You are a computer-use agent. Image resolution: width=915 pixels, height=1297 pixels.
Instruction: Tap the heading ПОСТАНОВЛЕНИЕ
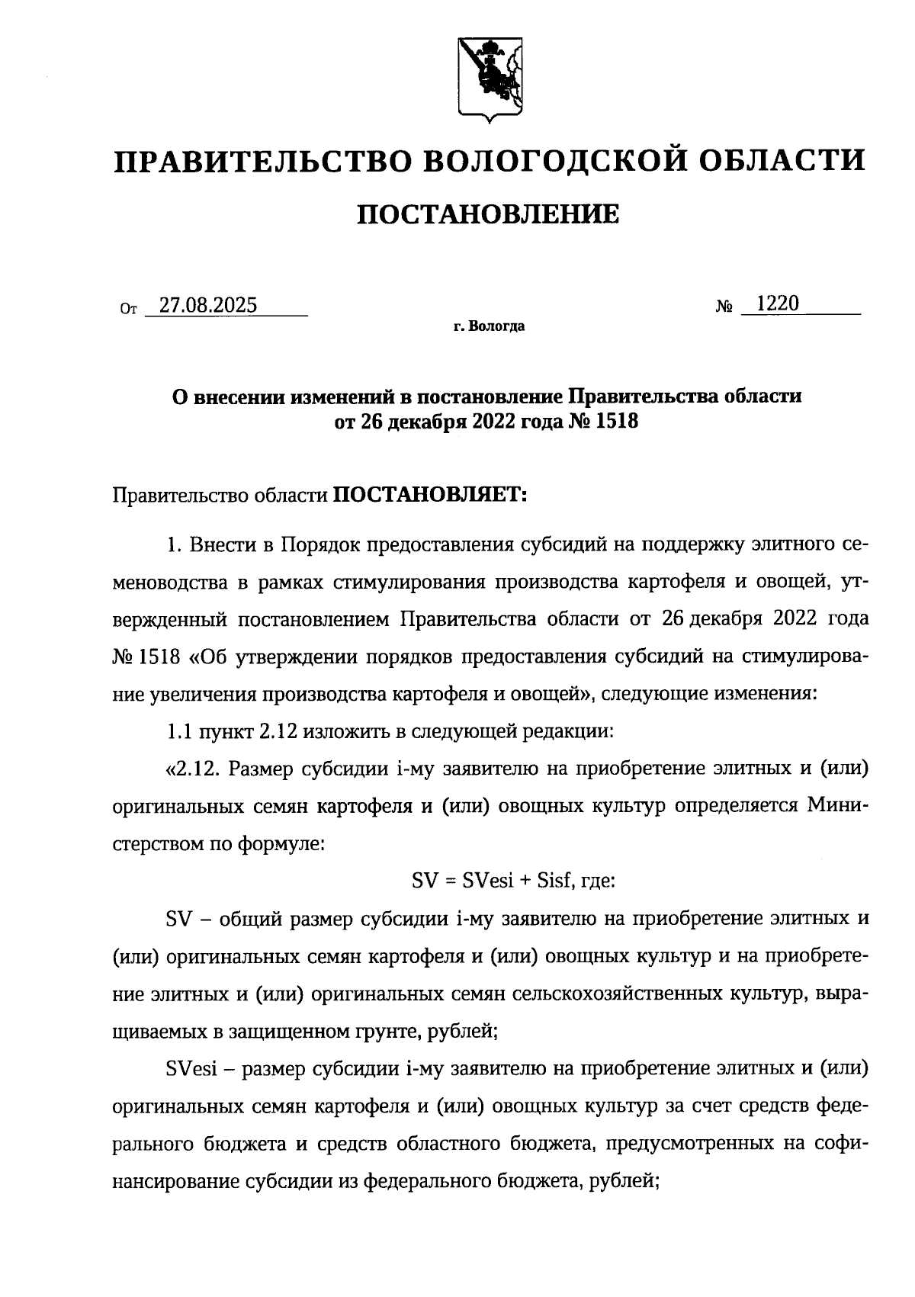click(x=489, y=215)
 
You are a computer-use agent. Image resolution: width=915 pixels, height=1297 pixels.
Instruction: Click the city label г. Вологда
click(x=489, y=327)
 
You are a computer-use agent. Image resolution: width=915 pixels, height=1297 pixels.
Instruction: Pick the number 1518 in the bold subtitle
click(x=613, y=420)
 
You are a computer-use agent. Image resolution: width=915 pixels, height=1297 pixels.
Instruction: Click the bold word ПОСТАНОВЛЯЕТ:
click(x=430, y=496)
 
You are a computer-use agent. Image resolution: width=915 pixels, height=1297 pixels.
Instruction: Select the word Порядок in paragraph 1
click(x=321, y=545)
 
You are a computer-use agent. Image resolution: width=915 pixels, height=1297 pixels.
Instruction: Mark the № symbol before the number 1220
click(x=724, y=307)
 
